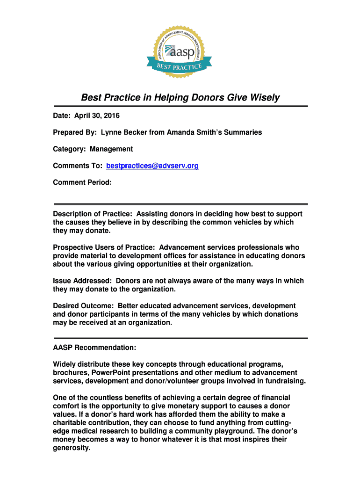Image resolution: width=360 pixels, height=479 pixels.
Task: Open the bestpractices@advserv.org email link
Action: (152, 166)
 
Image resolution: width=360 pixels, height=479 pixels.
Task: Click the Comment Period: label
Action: (82, 183)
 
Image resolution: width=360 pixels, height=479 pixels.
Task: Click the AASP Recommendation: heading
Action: (94, 348)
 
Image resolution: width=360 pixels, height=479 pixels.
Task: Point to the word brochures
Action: (71, 373)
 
